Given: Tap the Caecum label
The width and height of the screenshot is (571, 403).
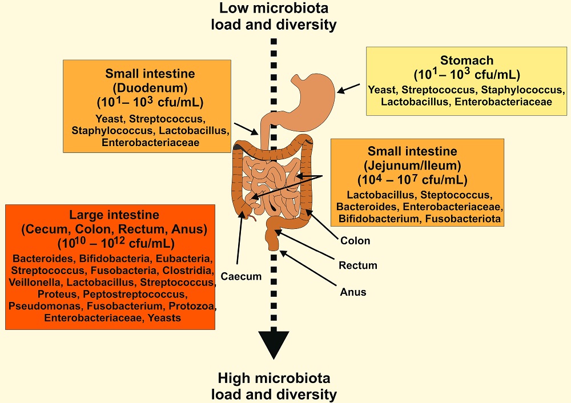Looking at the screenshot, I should pyautogui.click(x=242, y=277).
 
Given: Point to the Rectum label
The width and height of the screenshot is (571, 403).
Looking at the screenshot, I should pyautogui.click(x=357, y=266).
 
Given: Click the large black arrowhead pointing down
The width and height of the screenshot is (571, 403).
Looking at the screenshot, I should pyautogui.click(x=274, y=348).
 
